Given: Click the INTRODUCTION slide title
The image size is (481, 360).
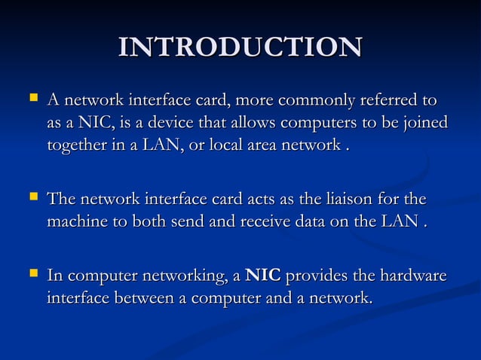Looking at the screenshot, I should (x=240, y=47).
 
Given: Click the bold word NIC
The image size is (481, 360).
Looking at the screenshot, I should (x=263, y=276).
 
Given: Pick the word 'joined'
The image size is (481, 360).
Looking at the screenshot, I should (x=422, y=122).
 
